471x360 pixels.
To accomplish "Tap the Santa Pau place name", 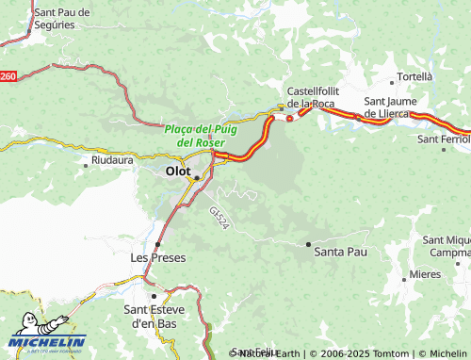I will pyautogui.click(x=340, y=252).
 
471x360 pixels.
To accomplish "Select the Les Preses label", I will pyautogui.click(x=157, y=257).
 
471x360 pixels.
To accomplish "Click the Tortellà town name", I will pyautogui.click(x=415, y=75).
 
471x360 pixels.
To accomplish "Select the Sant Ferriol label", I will pyautogui.click(x=443, y=139).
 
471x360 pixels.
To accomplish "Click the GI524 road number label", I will pyautogui.click(x=219, y=219).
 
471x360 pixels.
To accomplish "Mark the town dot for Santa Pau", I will pyautogui.click(x=308, y=244).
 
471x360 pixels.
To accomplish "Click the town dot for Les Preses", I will pyautogui.click(x=157, y=244).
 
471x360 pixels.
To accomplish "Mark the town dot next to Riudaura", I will pyautogui.click(x=87, y=163).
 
